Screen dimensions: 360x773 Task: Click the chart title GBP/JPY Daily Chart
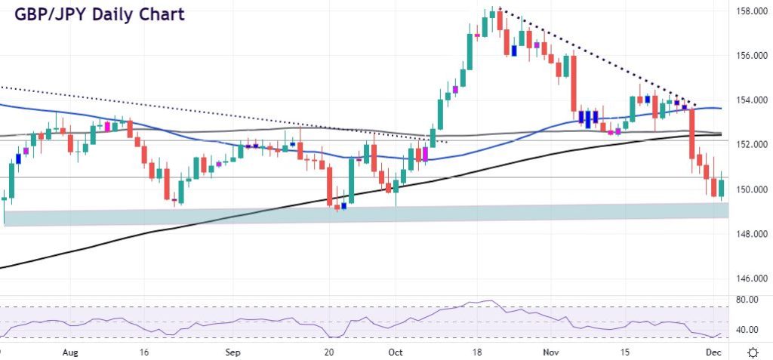99,14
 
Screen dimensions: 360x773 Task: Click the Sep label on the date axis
233,352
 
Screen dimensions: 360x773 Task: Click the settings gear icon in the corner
753,352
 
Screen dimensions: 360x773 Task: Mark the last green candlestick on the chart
721,189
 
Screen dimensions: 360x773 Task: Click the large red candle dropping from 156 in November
574,83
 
